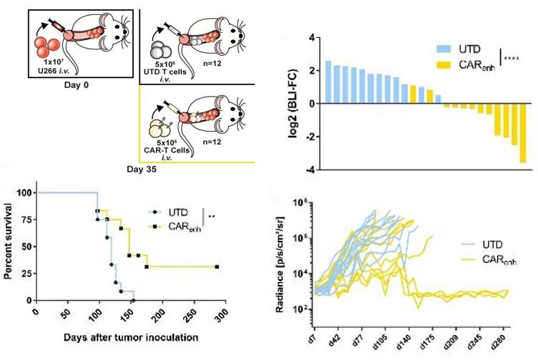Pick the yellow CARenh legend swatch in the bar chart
click(449, 64)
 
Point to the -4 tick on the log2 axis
click(312, 169)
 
